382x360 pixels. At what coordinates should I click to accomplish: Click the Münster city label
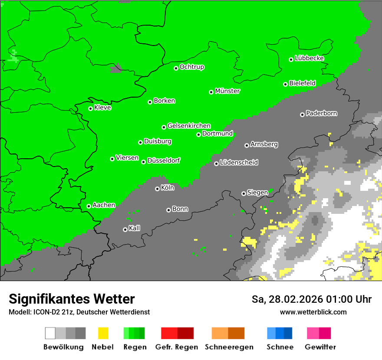(x=227, y=91)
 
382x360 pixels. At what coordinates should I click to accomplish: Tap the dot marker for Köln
(x=157, y=189)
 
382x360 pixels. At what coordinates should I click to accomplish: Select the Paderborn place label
(x=321, y=113)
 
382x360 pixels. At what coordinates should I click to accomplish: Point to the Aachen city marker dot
(x=89, y=206)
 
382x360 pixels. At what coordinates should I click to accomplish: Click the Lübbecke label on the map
(x=309, y=58)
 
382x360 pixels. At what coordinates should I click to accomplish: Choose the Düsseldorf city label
(x=164, y=160)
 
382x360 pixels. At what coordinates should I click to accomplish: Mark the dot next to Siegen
(x=244, y=193)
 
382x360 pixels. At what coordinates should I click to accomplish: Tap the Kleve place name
(x=102, y=108)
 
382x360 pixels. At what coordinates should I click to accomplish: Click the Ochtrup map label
(x=192, y=67)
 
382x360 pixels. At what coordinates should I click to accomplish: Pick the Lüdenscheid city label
(x=239, y=162)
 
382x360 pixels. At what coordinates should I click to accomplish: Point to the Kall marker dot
(x=125, y=229)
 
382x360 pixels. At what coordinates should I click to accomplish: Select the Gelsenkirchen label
(x=189, y=126)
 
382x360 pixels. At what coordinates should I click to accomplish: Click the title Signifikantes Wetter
(x=72, y=299)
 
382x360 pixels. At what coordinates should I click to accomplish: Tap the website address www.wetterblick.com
(x=313, y=312)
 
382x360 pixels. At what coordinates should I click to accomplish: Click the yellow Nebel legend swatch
(x=103, y=333)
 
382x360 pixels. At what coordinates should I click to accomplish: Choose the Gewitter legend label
(x=320, y=347)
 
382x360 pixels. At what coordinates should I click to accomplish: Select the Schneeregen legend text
(x=229, y=347)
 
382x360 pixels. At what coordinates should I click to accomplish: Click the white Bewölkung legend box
(x=50, y=333)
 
